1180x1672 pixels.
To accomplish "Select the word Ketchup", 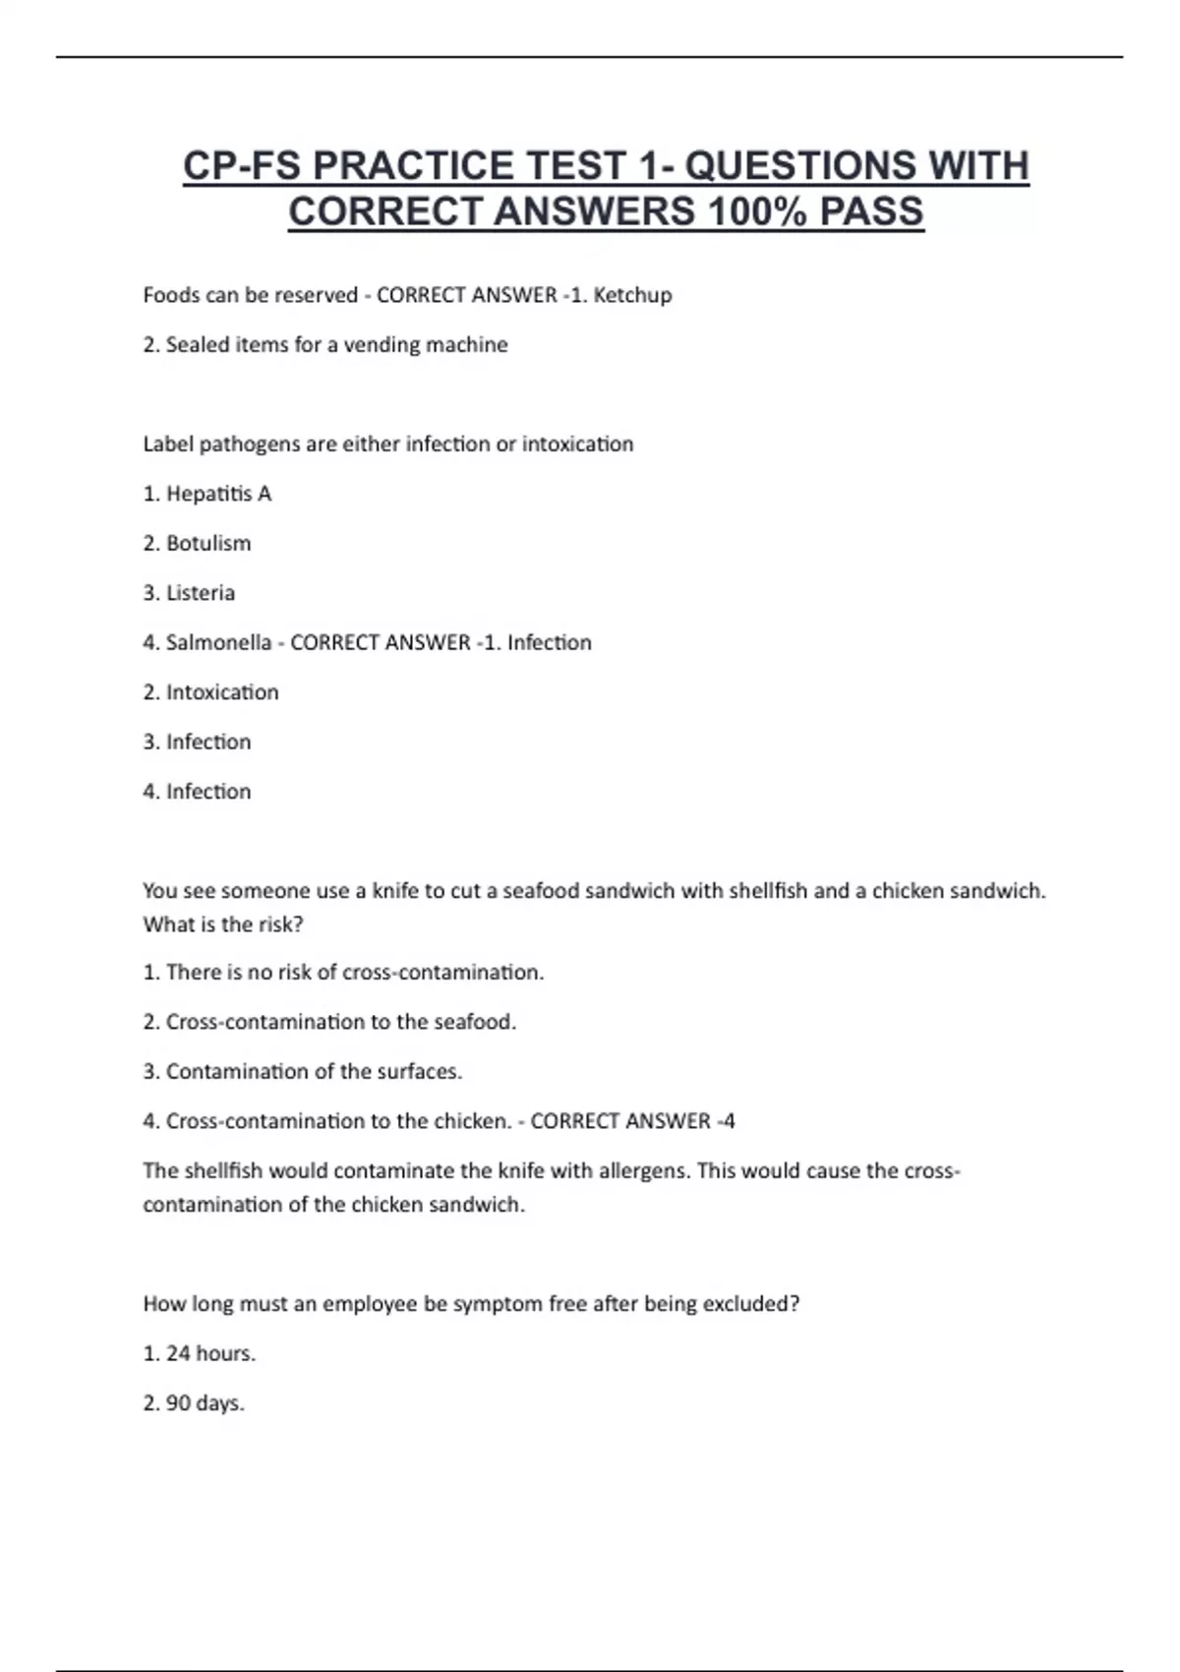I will (x=632, y=295).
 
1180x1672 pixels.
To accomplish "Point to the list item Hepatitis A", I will (x=206, y=494).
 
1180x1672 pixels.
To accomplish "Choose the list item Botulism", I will (x=197, y=544).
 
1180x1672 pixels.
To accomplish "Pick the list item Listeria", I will (x=189, y=593).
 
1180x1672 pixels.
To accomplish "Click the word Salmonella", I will (x=218, y=643).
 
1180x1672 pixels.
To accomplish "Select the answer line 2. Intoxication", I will (x=210, y=692).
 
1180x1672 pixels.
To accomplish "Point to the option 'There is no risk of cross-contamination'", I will (x=343, y=973).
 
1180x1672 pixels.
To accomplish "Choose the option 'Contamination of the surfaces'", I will (x=302, y=1072).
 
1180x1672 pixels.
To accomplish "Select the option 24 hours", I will (x=199, y=1354).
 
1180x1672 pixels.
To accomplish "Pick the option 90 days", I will (x=193, y=1403).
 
